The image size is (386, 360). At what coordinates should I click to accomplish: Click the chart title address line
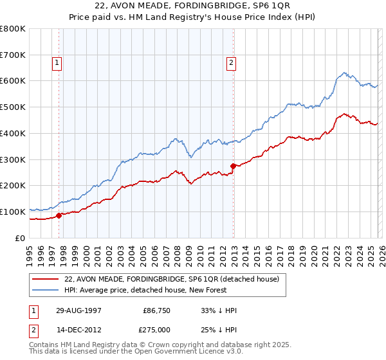(192, 6)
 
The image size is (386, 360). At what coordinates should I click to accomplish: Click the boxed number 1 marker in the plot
(57, 63)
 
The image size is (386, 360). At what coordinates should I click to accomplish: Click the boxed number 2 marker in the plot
(230, 63)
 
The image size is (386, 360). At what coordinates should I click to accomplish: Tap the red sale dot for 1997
(59, 215)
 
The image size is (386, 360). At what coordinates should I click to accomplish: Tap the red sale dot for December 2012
(233, 166)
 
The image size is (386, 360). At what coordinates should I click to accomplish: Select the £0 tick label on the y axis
(21, 238)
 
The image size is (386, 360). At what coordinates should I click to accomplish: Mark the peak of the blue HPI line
(345, 73)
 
